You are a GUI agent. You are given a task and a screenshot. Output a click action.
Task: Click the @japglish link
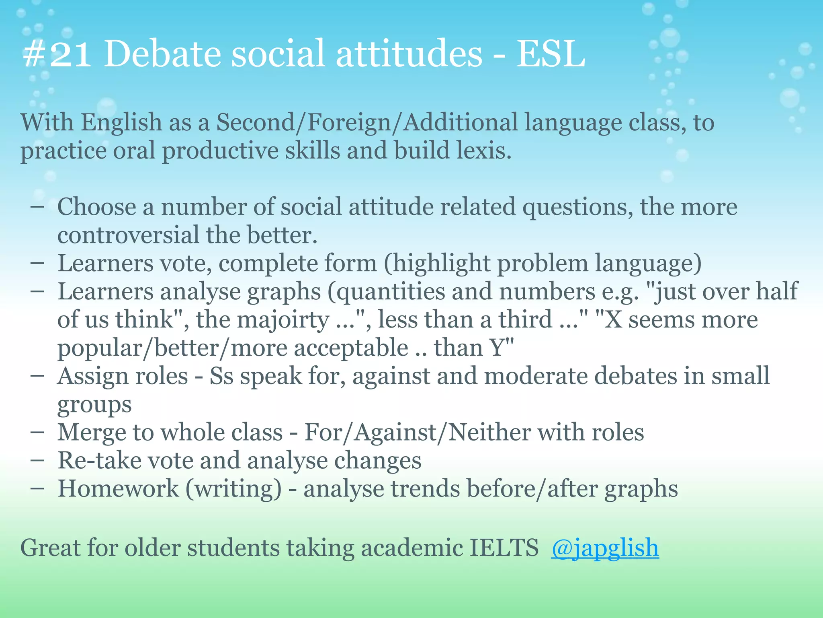pos(605,548)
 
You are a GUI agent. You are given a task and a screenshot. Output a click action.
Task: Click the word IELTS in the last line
pos(504,548)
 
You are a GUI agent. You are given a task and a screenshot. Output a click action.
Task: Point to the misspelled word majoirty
pos(283,320)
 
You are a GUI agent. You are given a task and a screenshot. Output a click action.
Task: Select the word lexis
pos(484,151)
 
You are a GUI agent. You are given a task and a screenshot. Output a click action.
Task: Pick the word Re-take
pos(99,461)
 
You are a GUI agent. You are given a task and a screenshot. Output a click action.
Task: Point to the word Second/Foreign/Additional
pos(367,123)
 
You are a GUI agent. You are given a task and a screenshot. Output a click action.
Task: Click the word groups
pos(94,404)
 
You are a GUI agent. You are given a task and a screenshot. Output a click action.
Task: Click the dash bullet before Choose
pos(37,207)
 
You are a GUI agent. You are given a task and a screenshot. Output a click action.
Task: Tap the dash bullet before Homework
pos(37,489)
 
